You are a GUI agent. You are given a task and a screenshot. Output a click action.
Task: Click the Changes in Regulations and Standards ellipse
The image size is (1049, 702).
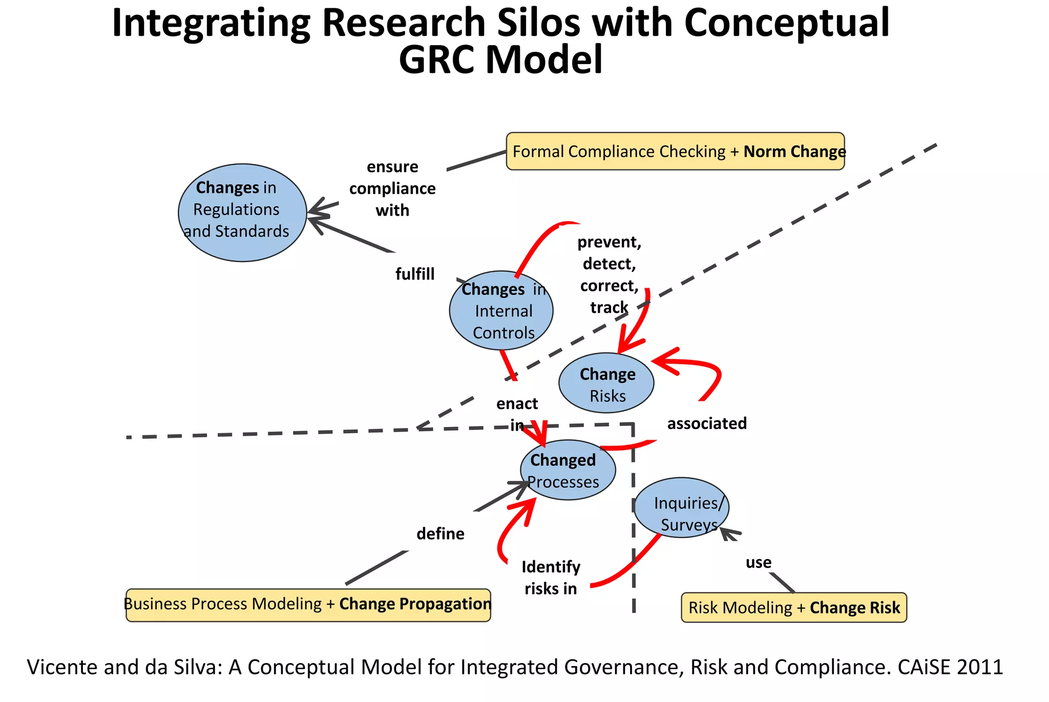pyautogui.click(x=242, y=212)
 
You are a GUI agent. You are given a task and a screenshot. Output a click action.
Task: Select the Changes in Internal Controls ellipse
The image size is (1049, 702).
pyautogui.click(x=501, y=311)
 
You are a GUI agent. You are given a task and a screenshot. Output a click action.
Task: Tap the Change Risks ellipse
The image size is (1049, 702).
pyautogui.click(x=606, y=383)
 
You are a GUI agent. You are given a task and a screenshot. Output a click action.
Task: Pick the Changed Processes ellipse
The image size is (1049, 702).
pyautogui.click(x=568, y=470)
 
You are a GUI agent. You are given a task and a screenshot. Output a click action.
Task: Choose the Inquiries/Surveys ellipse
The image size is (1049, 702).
pyautogui.click(x=681, y=508)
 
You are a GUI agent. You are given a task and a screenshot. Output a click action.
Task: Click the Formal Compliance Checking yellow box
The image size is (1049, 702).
pyautogui.click(x=675, y=152)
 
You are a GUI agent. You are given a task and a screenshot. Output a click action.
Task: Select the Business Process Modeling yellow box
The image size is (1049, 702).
pyautogui.click(x=308, y=605)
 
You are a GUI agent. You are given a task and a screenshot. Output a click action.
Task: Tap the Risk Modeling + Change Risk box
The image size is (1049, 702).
pyautogui.click(x=793, y=608)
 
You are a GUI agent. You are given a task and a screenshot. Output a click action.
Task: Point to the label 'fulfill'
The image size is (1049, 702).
pyautogui.click(x=414, y=274)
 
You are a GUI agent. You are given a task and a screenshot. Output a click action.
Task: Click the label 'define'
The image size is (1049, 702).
pyautogui.click(x=440, y=534)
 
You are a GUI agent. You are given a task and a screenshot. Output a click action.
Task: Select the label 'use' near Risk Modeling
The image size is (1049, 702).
pyautogui.click(x=758, y=563)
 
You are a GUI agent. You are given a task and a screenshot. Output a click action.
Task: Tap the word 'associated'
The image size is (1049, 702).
pyautogui.click(x=706, y=423)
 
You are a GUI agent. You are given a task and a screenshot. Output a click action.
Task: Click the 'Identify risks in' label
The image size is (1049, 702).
pyautogui.click(x=551, y=578)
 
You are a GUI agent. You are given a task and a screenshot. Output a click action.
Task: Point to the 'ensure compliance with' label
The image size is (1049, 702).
pyautogui.click(x=392, y=188)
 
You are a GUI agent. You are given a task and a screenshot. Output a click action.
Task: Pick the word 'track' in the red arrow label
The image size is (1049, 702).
pyautogui.click(x=609, y=308)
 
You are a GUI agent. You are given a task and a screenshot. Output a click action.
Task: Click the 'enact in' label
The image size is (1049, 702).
pyautogui.click(x=517, y=414)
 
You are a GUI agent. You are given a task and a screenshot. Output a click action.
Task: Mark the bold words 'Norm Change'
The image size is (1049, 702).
pyautogui.click(x=794, y=152)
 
